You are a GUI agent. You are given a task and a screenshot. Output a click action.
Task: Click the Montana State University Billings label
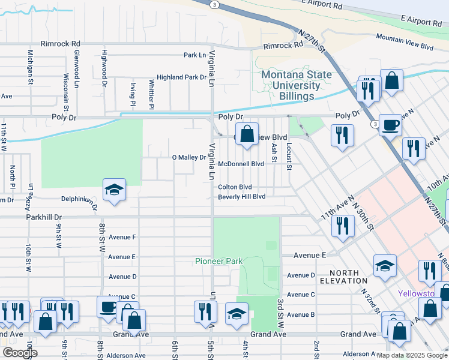pos(296,85)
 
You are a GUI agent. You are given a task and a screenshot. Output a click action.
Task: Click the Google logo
pos(20,353)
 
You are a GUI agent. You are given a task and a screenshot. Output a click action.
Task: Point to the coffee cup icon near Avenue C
pos(108,307)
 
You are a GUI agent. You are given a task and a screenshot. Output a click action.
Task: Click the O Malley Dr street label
pos(189,157)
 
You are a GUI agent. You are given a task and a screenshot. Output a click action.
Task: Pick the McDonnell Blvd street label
pos(241,164)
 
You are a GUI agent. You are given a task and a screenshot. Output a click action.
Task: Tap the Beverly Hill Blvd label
pos(242,197)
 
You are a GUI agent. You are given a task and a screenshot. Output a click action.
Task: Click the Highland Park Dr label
pos(181,77)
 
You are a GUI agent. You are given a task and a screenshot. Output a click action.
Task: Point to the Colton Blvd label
pos(235,187)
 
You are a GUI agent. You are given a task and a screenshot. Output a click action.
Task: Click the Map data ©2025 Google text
pos(412,355)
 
